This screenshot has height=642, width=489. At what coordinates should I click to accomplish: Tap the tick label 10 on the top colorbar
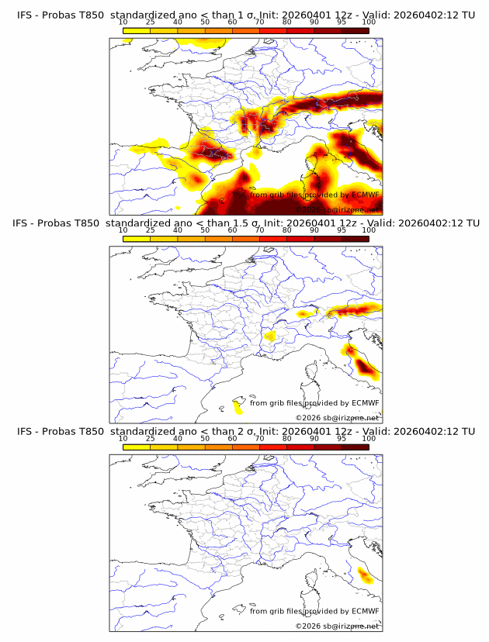[x=123, y=22]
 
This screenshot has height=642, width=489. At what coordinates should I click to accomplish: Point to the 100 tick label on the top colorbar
[x=369, y=22]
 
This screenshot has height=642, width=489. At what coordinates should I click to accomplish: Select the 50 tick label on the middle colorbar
[x=205, y=231]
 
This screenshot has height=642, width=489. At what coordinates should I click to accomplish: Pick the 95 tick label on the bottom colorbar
[x=342, y=439]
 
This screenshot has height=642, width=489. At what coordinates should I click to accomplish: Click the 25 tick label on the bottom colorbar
[x=150, y=439]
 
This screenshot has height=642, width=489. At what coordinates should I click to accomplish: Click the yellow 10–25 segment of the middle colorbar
[x=136, y=239]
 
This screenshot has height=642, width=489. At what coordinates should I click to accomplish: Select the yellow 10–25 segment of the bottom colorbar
[x=136, y=447]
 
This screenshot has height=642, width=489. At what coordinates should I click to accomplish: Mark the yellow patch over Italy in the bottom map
[x=364, y=575]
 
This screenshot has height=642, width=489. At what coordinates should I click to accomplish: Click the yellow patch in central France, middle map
[x=270, y=336]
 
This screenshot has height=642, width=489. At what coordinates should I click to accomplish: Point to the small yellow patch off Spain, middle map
[x=238, y=406]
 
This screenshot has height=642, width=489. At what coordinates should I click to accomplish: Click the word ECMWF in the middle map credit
[x=366, y=402]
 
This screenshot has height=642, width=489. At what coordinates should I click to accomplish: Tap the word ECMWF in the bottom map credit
[x=366, y=611]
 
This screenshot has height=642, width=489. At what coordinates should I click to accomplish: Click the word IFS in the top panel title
[x=25, y=15]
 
